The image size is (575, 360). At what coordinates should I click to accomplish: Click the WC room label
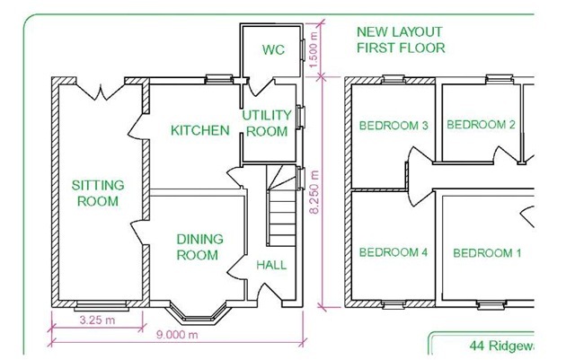click(274, 50)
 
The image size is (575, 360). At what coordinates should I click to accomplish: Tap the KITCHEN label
click(199, 131)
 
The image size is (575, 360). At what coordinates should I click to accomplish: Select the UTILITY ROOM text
click(266, 123)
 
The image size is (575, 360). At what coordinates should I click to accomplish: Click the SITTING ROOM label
click(98, 193)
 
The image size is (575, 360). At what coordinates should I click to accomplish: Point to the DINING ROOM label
click(197, 247)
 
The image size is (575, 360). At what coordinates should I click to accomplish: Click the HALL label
click(272, 265)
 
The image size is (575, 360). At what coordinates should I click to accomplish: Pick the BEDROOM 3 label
click(393, 126)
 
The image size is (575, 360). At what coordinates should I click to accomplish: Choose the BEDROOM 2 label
click(481, 125)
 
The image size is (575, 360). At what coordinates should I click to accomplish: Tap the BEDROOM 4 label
click(393, 253)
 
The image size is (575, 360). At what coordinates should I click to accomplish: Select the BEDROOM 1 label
click(487, 253)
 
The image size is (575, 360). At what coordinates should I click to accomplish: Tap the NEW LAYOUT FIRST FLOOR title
click(401, 40)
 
